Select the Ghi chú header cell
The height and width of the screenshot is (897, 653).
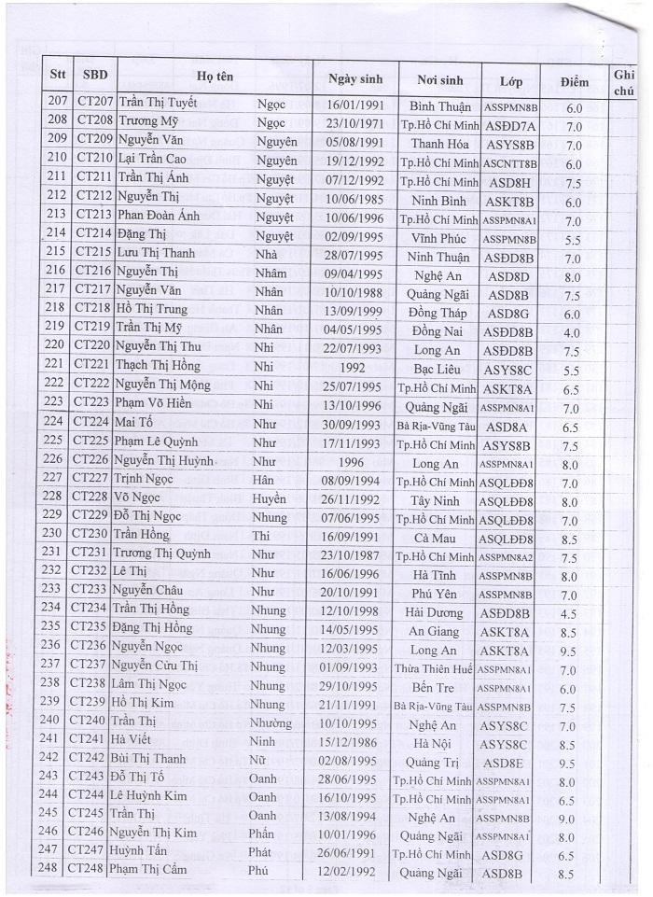[x=621, y=81]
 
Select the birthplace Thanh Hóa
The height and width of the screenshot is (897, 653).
[x=437, y=145]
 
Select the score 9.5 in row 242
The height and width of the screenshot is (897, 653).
[x=566, y=763]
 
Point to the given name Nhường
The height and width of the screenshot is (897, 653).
[x=271, y=723]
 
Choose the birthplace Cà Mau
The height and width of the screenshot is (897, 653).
[x=434, y=536]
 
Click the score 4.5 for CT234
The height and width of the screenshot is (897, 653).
[x=568, y=614]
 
